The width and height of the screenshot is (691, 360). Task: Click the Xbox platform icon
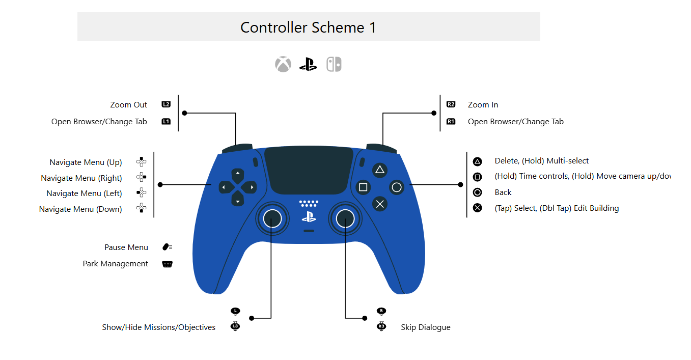pyautogui.click(x=283, y=65)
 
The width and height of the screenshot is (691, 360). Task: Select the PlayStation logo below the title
pyautogui.click(x=308, y=65)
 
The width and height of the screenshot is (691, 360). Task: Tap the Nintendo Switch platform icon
pyautogui.click(x=334, y=65)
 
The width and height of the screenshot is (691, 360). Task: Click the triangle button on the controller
pyautogui.click(x=380, y=170)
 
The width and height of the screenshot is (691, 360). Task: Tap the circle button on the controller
pyautogui.click(x=397, y=187)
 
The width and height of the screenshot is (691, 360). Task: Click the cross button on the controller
pyautogui.click(x=380, y=204)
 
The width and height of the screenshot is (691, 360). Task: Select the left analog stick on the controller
pyautogui.click(x=272, y=219)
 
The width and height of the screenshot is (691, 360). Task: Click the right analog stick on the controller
pyautogui.click(x=345, y=219)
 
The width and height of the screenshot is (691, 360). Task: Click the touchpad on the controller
pyautogui.click(x=309, y=171)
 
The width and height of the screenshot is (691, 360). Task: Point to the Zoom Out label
pyautogui.click(x=128, y=105)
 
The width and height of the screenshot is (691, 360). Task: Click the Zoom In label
pyautogui.click(x=483, y=105)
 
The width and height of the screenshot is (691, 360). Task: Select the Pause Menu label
pyautogui.click(x=126, y=247)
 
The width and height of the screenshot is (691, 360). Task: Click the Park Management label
pyautogui.click(x=116, y=264)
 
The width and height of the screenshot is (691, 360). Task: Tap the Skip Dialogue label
pyautogui.click(x=425, y=327)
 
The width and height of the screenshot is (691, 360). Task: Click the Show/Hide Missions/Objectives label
pyautogui.click(x=158, y=327)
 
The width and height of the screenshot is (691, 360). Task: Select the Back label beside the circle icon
pyautogui.click(x=503, y=192)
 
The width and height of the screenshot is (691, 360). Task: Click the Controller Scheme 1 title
pyautogui.click(x=308, y=27)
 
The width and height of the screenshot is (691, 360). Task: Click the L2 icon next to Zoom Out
pyautogui.click(x=166, y=104)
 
